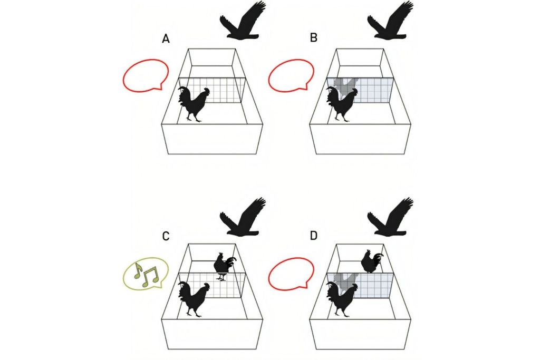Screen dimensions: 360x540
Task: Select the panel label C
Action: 166,236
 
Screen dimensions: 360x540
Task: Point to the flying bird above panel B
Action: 390,23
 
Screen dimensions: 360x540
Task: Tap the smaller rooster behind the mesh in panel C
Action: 224,265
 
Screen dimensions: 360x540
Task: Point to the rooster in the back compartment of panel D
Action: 371,261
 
